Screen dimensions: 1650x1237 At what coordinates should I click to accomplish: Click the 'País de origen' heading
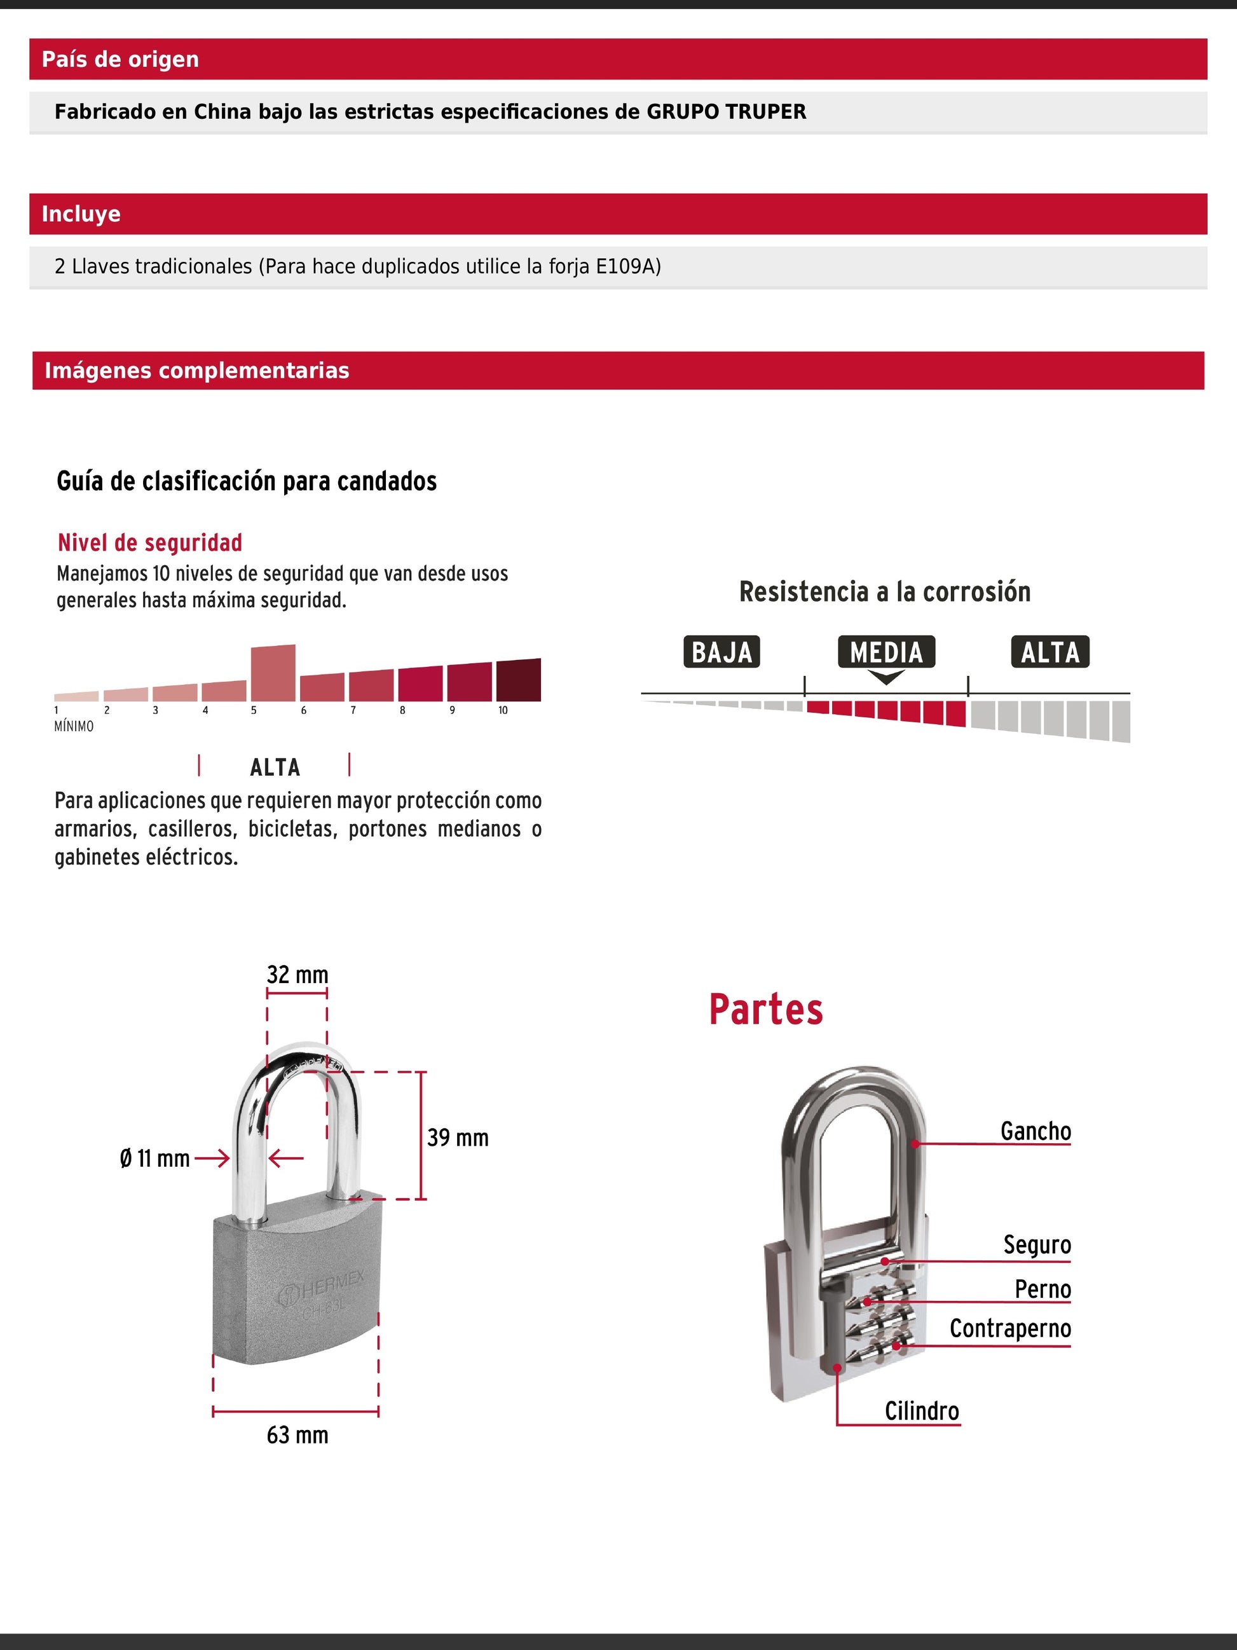120,59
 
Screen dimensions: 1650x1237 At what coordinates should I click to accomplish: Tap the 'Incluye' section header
81,214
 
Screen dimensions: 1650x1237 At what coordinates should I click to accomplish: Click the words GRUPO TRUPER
725,112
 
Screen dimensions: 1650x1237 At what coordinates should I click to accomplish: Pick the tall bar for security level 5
273,673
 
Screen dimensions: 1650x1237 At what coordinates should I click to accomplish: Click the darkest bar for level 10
518,680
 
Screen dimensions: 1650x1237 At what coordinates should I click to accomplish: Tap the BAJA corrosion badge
721,652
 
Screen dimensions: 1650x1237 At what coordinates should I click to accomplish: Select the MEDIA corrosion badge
886,652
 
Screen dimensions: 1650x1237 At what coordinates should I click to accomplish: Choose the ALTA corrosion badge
1050,652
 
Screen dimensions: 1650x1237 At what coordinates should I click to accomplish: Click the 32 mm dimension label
297,975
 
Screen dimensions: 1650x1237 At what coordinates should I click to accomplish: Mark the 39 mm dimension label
458,1138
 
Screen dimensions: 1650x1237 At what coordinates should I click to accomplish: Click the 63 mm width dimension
297,1434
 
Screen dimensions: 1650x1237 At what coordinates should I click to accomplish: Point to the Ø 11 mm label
155,1158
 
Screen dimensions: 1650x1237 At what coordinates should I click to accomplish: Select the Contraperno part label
1009,1328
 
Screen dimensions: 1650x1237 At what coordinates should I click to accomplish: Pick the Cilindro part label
922,1410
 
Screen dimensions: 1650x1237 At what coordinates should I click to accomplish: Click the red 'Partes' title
766,1010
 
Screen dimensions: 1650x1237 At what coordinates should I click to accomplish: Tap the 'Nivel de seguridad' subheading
150,542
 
